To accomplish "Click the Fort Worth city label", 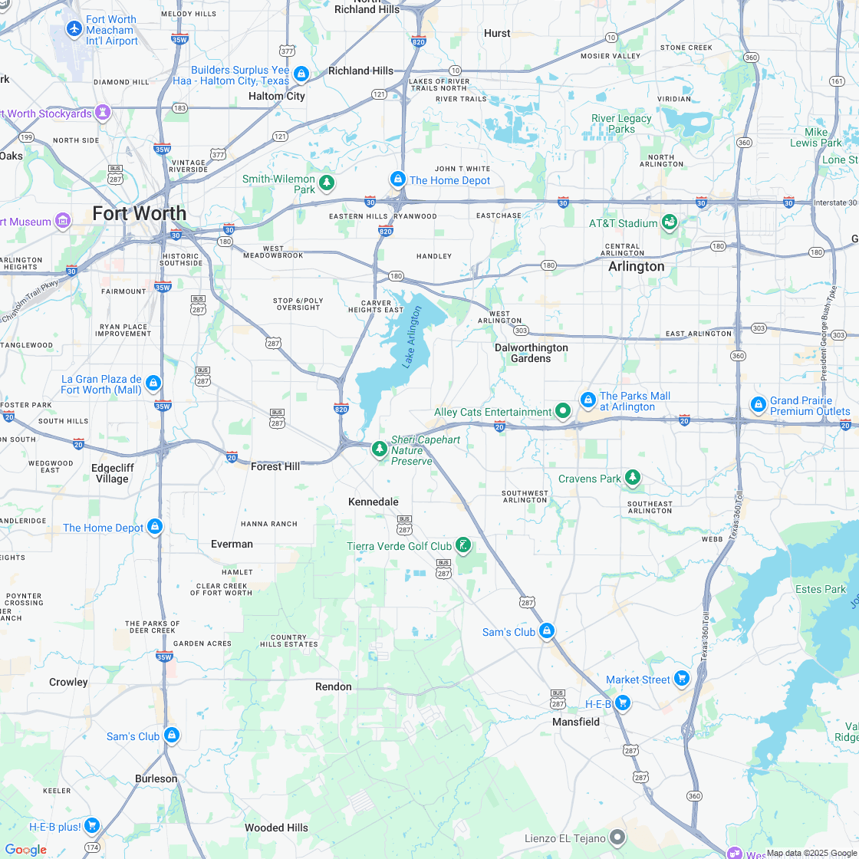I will click(x=140, y=213).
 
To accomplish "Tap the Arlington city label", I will click(x=637, y=266).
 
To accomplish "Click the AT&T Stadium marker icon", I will click(x=670, y=222).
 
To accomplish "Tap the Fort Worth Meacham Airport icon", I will click(x=74, y=29).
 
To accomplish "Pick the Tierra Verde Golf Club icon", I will click(x=462, y=545).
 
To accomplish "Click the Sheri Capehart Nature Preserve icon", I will click(x=379, y=449).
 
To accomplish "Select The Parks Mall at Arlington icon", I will click(x=587, y=400).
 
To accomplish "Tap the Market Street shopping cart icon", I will click(x=681, y=678).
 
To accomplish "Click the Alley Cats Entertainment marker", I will click(x=563, y=412).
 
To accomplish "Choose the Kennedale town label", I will click(x=374, y=502).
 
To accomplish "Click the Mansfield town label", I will click(x=576, y=722).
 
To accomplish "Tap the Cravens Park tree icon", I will click(x=632, y=478).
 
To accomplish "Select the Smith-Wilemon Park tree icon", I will click(x=327, y=183).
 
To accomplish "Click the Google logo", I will click(x=25, y=849).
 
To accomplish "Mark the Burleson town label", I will click(x=156, y=778).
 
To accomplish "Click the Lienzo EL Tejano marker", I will click(x=617, y=837).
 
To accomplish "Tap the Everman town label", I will click(x=232, y=544).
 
